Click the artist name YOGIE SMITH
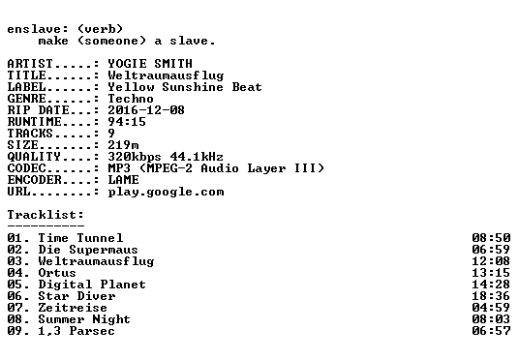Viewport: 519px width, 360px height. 150,64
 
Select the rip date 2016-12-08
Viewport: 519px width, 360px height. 146,110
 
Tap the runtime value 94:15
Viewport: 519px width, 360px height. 127,121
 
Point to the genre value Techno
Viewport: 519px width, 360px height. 131,99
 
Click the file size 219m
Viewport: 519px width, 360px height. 123,144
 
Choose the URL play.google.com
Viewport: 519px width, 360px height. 166,192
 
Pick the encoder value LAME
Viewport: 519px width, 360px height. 123,180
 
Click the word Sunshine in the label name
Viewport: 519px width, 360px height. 193,87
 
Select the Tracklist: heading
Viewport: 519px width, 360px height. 46,215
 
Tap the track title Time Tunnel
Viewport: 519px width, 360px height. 80,237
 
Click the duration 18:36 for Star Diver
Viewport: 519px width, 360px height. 491,296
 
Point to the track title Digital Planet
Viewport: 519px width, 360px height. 92,285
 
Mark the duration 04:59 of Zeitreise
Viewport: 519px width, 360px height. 491,308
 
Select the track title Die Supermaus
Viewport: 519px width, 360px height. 88,250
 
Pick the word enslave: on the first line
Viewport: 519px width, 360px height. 38,29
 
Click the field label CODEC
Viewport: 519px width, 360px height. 26,168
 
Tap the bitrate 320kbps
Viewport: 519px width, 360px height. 135,157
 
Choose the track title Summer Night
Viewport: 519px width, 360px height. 84,319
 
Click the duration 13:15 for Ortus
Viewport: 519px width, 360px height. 491,273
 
